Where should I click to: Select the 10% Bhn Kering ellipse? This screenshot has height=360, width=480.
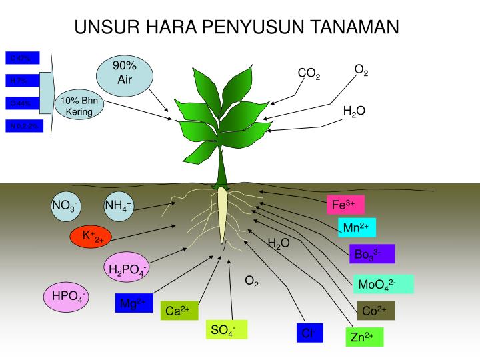coord(79,107)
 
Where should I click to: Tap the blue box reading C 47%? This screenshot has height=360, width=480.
coord(23,58)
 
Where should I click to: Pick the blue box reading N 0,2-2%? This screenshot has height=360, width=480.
coord(25,125)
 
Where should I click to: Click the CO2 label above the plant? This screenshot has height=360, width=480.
coord(309,73)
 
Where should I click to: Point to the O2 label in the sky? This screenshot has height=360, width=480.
coord(361,69)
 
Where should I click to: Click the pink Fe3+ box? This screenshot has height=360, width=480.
coord(345,204)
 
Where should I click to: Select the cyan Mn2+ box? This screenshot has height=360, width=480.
coord(357,228)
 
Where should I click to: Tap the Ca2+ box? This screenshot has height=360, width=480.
coord(178,311)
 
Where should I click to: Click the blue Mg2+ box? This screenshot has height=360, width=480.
coord(134,303)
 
